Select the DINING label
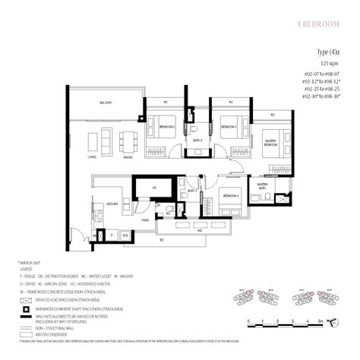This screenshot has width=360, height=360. coord(128,157)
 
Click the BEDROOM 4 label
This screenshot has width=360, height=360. coord(231,195)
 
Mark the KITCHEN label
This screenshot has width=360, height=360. coord(112,204)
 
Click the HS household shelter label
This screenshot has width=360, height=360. coord(154,187)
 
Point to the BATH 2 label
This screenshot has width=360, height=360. coord(195,141)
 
